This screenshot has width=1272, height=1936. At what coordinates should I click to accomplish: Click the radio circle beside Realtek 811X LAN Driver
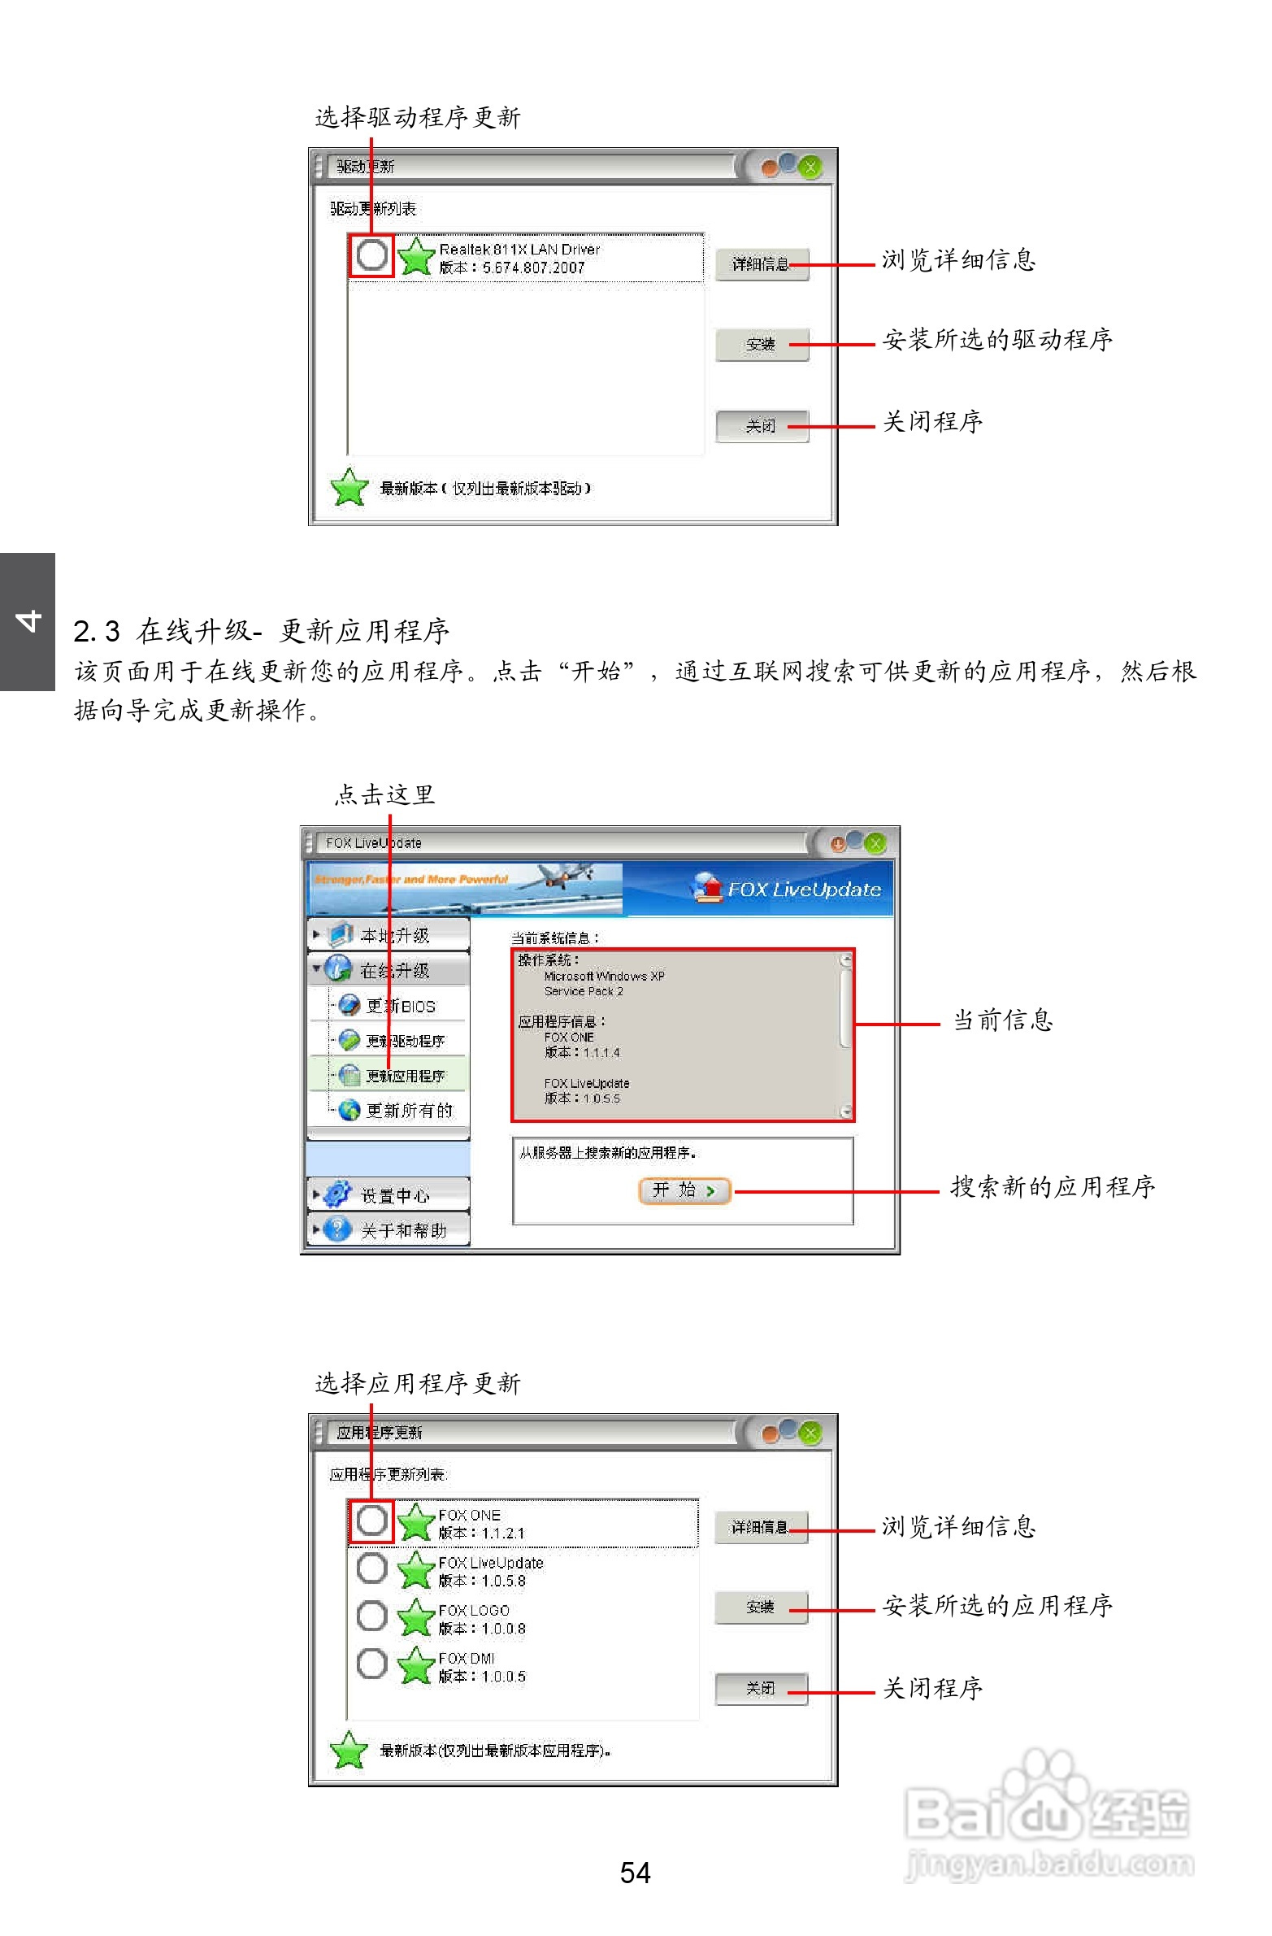pyautogui.click(x=371, y=255)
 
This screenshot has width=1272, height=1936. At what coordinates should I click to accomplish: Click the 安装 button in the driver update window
pyautogui.click(x=762, y=345)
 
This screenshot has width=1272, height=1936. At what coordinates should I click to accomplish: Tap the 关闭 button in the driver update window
pyautogui.click(x=762, y=426)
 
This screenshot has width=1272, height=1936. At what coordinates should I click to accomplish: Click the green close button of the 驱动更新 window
pyautogui.click(x=810, y=167)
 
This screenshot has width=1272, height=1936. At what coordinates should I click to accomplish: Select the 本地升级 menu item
pyautogui.click(x=393, y=935)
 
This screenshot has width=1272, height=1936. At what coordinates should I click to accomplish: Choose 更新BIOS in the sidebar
pyautogui.click(x=399, y=1007)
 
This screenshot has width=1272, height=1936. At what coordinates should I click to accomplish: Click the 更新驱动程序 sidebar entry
pyautogui.click(x=404, y=1042)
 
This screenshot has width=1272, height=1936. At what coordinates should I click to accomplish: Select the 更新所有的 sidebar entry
pyautogui.click(x=407, y=1111)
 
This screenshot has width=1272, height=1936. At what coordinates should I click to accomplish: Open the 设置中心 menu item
pyautogui.click(x=393, y=1196)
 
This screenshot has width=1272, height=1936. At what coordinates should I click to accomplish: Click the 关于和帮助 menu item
pyautogui.click(x=402, y=1231)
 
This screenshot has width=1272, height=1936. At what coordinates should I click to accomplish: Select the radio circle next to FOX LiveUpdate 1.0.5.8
pyautogui.click(x=371, y=1568)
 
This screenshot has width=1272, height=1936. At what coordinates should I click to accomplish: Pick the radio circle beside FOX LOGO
pyautogui.click(x=371, y=1616)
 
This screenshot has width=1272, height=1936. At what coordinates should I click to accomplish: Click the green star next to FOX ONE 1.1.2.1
pyautogui.click(x=416, y=1522)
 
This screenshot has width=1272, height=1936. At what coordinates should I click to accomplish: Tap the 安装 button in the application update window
pyautogui.click(x=761, y=1608)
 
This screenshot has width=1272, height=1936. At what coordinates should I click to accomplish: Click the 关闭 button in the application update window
pyautogui.click(x=761, y=1689)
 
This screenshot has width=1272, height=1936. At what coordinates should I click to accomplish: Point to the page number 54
pyautogui.click(x=635, y=1873)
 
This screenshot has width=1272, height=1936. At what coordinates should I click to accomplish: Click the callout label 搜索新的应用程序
pyautogui.click(x=1053, y=1187)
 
